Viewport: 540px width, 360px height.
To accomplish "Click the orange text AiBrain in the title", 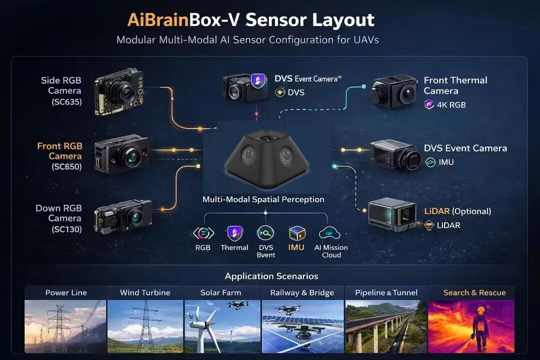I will coord(157,20).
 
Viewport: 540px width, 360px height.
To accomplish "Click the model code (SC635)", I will coord(66,102).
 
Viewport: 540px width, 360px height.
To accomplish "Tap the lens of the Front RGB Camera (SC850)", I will coord(132,157).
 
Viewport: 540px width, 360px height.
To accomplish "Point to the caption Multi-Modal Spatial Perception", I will coord(263,199).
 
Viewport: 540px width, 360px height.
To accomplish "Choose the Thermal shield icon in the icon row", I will coord(234,233).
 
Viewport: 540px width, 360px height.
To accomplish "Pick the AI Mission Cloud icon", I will coord(329,233).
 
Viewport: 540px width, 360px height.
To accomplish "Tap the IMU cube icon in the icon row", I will coord(296,233).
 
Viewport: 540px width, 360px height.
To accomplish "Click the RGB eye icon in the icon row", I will coord(203,233).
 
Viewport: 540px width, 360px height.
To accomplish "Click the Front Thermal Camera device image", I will coord(393,91).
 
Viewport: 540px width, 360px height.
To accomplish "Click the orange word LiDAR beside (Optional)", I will coord(436,211).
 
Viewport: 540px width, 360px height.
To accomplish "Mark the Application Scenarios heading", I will coord(271,276).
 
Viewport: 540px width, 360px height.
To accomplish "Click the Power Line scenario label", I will coord(65,292).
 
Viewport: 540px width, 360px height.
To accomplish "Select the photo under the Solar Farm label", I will coord(222,326).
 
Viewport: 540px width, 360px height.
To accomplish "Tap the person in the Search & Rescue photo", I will coord(481,327).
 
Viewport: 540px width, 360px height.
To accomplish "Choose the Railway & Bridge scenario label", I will coord(302,292).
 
